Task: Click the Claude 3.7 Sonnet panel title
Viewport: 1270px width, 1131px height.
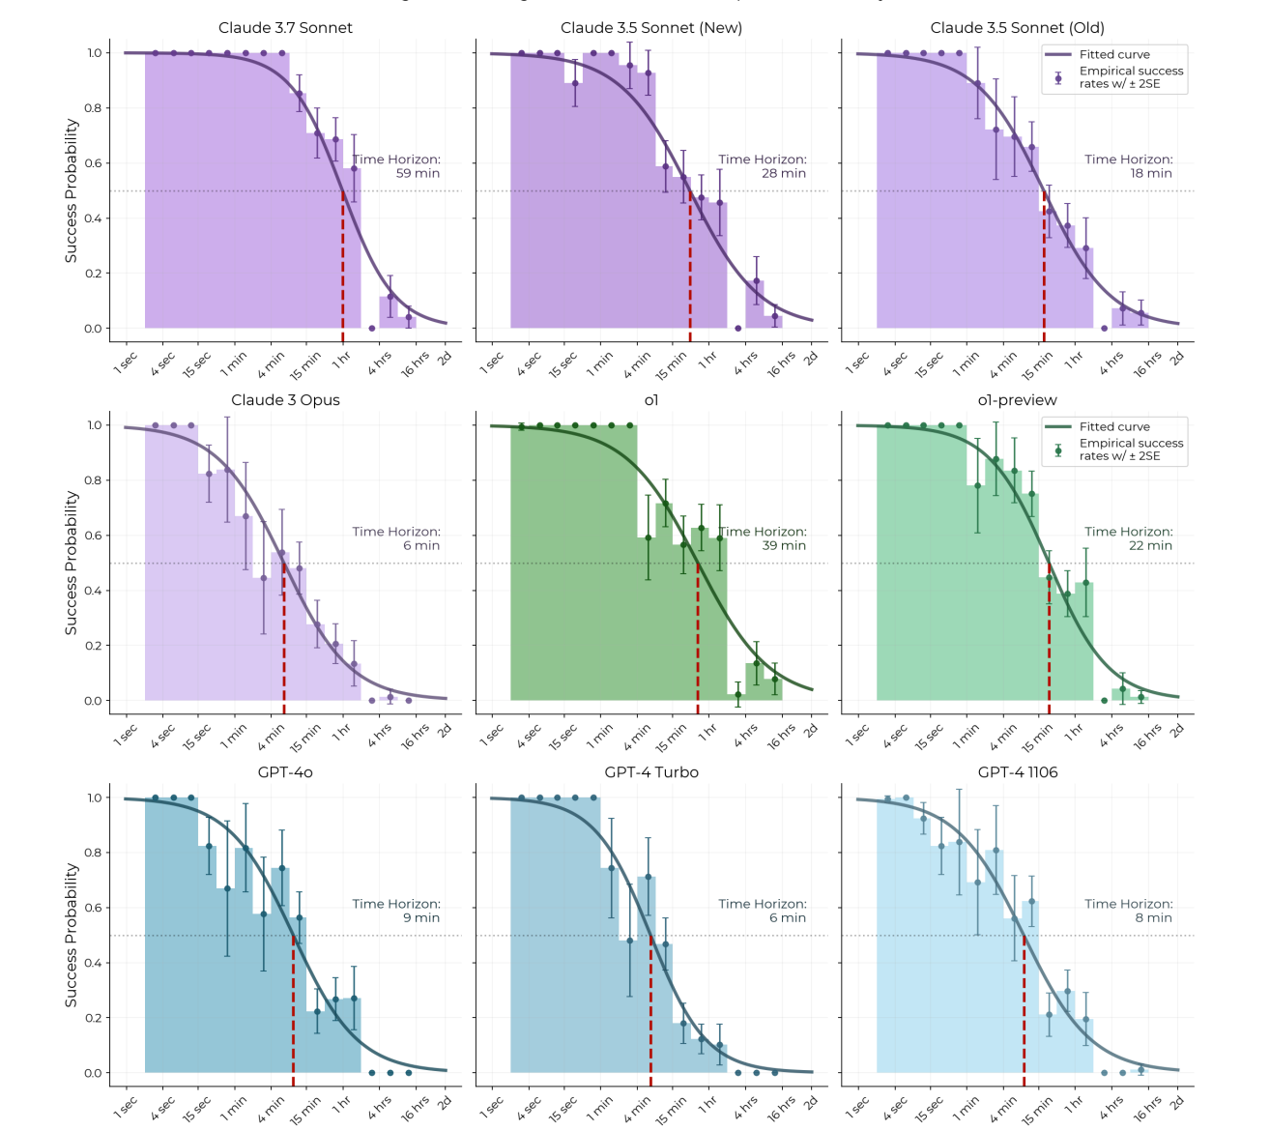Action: coord(285,28)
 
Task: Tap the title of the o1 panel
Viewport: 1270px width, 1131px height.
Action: coord(651,400)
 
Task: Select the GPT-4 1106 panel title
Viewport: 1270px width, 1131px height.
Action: coord(1017,772)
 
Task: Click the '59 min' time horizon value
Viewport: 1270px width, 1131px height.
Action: coord(418,174)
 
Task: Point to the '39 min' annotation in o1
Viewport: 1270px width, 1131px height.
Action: coord(784,546)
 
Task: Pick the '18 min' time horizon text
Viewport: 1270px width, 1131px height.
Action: coord(1150,174)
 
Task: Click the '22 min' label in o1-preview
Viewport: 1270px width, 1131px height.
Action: coord(1150,546)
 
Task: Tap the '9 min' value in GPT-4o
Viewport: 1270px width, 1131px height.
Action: coord(421,918)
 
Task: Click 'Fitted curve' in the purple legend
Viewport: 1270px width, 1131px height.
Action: coord(1114,55)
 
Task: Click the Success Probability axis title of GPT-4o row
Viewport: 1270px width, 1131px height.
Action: coord(71,935)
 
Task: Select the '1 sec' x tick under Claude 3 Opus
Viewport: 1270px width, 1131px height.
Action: coord(126,736)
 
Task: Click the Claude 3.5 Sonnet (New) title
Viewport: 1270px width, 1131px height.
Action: coord(651,28)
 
